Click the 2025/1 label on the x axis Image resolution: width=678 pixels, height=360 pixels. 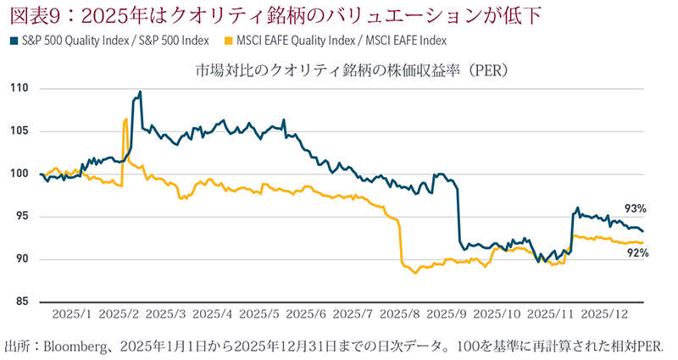click(x=70, y=315)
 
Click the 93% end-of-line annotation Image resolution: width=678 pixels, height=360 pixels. click(x=636, y=208)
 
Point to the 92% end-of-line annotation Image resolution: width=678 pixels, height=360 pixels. click(x=638, y=252)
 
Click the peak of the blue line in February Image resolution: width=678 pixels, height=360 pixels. click(x=140, y=91)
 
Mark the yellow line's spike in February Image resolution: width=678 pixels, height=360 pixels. click(x=125, y=119)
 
